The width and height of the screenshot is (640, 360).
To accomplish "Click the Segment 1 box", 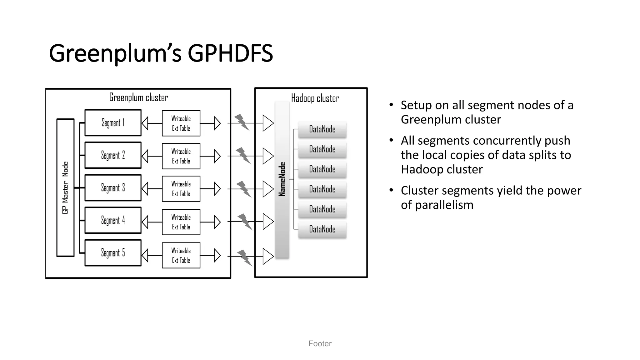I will click(113, 122).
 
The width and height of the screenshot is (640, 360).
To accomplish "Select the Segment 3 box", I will click(113, 187).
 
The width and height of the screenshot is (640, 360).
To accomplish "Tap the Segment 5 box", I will click(113, 253).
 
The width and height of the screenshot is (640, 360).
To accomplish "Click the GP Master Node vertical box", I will click(65, 187).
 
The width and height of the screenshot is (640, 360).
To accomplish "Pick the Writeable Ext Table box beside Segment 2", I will click(181, 156).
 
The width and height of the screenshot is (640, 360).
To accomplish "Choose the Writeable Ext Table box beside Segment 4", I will click(181, 222).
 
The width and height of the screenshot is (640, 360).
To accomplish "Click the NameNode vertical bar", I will click(282, 180).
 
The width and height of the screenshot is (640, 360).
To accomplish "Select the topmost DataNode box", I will click(322, 129).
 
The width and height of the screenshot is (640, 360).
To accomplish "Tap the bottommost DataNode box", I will click(322, 229).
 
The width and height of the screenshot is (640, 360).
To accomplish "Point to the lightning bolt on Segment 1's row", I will click(242, 122).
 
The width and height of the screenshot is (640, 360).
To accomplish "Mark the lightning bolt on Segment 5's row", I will click(245, 257).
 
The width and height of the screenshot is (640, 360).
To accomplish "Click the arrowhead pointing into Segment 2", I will click(145, 156).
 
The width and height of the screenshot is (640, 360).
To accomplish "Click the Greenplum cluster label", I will click(138, 97).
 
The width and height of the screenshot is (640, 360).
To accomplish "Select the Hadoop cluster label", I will click(315, 98).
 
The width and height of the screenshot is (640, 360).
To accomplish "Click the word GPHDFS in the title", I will click(230, 53).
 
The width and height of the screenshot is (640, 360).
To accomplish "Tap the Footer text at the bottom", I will click(320, 343).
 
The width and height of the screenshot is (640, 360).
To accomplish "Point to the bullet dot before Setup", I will click(391, 105).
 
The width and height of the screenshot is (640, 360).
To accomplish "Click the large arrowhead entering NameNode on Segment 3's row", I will click(268, 189).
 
